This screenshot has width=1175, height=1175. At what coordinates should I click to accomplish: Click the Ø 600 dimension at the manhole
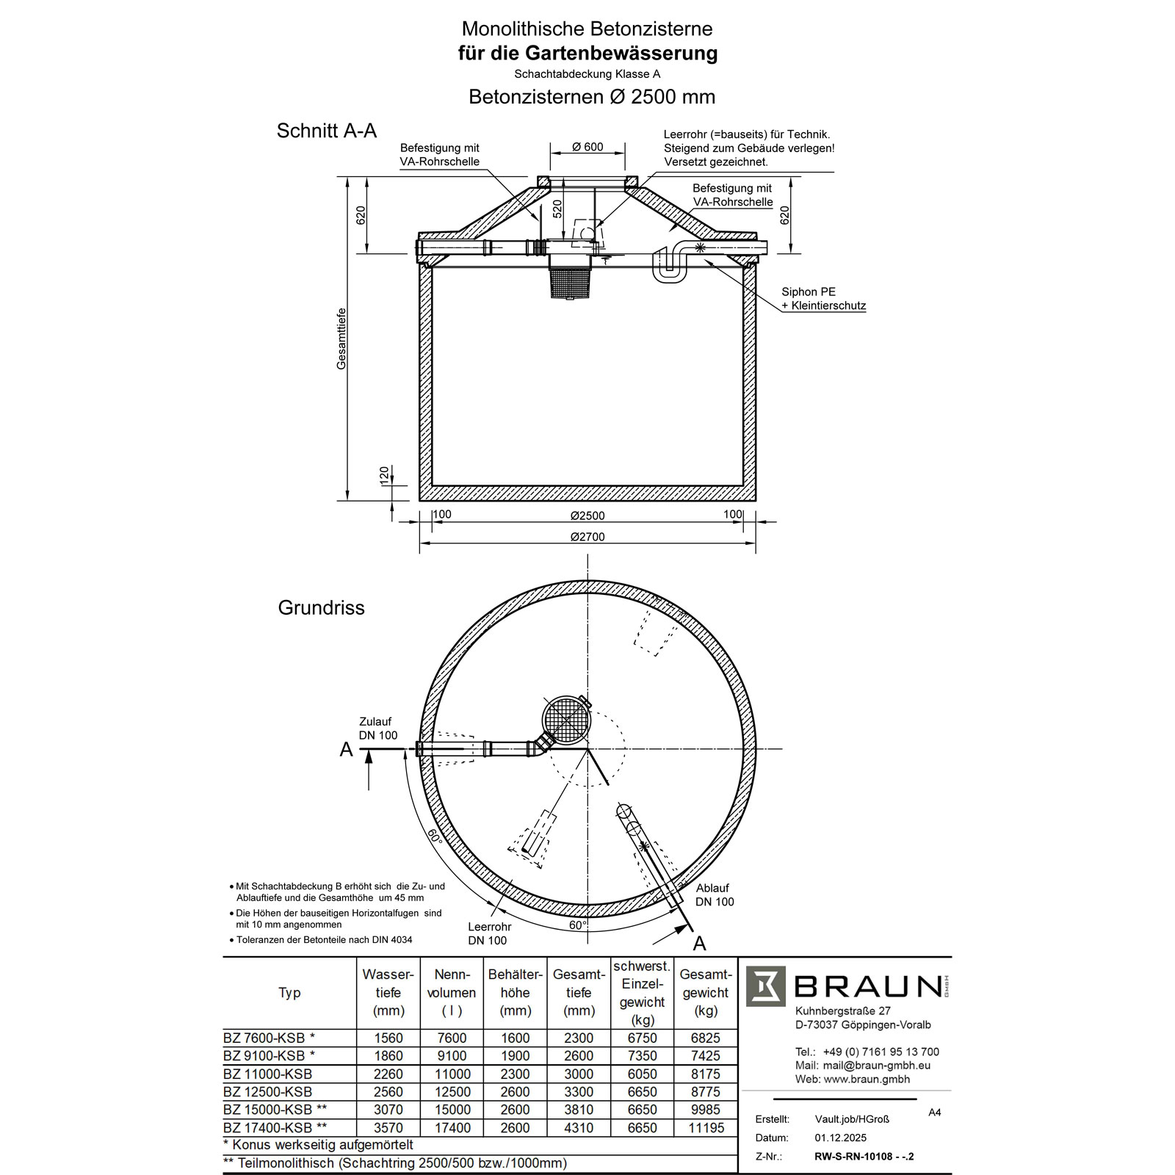coord(587,147)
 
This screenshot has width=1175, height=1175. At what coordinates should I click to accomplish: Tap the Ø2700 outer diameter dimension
coord(587,537)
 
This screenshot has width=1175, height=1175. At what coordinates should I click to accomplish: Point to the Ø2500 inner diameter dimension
coord(587,516)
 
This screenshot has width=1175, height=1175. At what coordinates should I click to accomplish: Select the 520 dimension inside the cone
coord(557,209)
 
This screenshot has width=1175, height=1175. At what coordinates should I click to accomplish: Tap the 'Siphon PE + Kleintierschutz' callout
coord(823,299)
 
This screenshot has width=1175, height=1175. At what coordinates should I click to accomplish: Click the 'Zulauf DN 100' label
coord(378,728)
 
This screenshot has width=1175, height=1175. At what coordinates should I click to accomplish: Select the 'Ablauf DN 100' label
coord(715,895)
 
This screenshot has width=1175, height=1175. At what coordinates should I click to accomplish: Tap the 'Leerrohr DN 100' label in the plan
coord(489,933)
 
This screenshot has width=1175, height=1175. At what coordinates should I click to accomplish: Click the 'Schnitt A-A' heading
coord(326,131)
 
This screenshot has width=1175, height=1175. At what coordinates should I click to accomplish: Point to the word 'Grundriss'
coord(321,608)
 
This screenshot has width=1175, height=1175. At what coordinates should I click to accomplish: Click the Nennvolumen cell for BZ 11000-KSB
coord(452,1074)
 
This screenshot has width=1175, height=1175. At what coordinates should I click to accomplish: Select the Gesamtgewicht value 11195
coord(706,1127)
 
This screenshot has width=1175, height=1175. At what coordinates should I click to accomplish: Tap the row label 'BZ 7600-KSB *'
coord(269,1038)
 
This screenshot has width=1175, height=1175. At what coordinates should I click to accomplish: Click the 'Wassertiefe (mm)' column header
coord(388,992)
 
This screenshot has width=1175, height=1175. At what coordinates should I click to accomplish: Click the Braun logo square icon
coord(766,986)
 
